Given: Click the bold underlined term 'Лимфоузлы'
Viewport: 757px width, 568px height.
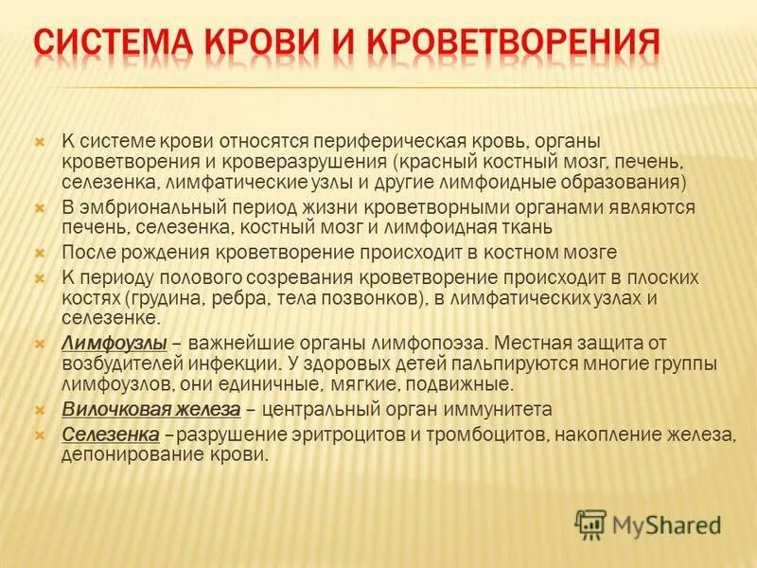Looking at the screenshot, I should click(114, 342).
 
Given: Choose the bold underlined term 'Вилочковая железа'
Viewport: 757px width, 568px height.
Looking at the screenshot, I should click(152, 410).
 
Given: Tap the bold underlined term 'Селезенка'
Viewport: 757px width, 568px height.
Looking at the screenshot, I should click(109, 434).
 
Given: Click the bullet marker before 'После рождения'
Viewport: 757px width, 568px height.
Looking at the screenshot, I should click(40, 253).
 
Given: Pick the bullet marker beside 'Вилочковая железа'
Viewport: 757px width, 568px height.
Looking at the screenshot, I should click(40, 410).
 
